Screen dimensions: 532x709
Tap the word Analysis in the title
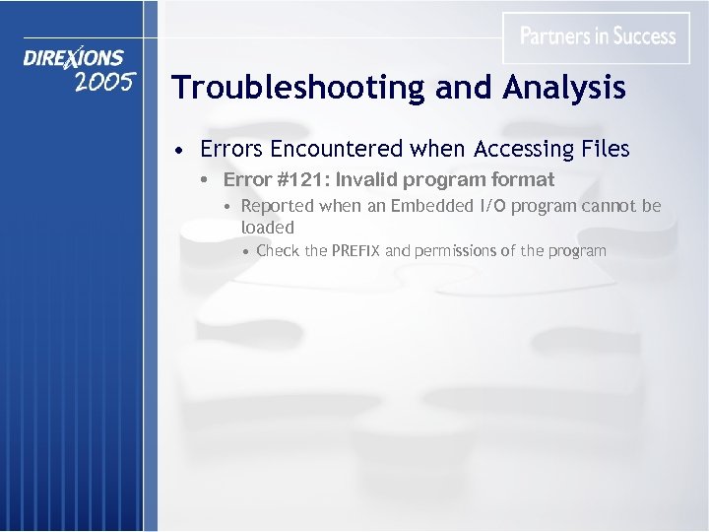564,89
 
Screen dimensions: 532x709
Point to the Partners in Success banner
598,37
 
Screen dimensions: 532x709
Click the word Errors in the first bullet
231,149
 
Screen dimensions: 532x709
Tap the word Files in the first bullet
603,149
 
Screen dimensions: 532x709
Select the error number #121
301,180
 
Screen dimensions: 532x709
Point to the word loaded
268,228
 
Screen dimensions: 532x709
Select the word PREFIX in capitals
355,251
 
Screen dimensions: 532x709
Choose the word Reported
277,206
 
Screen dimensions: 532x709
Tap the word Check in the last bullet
278,251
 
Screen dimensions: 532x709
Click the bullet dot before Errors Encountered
176,151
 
